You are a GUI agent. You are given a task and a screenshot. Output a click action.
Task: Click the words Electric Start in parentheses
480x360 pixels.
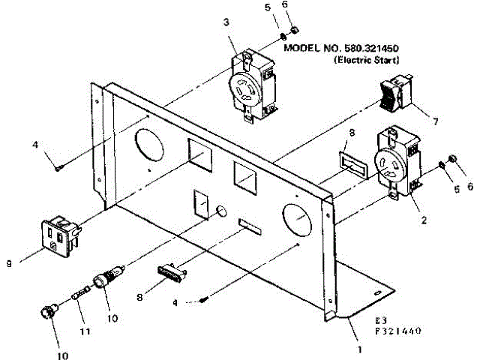point(366,58)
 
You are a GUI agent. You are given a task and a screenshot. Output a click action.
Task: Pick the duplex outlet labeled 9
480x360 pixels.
point(59,234)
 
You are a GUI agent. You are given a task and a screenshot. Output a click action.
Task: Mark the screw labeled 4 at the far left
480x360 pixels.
point(58,168)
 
